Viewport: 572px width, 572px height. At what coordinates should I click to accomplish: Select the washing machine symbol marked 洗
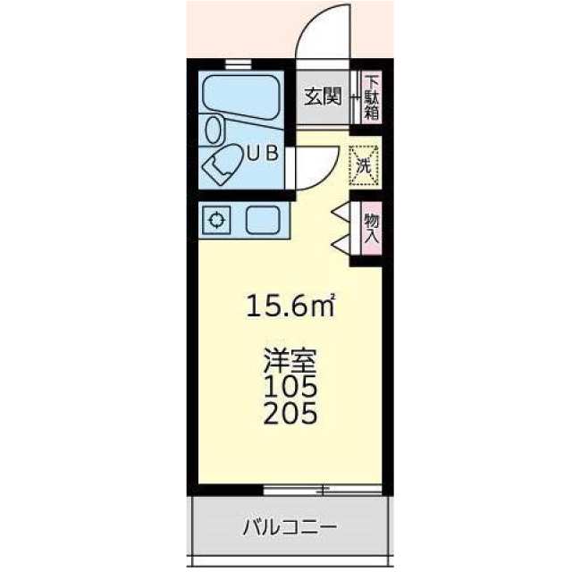(x=364, y=164)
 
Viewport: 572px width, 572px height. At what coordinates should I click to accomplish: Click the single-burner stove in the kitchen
(x=217, y=220)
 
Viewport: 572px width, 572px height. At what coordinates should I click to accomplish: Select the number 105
(x=290, y=389)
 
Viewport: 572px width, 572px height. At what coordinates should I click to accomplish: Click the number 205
(x=290, y=414)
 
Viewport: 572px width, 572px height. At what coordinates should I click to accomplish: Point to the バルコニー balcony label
(x=290, y=526)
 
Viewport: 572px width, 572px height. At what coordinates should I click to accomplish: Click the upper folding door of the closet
(x=340, y=212)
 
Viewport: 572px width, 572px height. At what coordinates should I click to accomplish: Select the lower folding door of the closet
(x=340, y=243)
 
